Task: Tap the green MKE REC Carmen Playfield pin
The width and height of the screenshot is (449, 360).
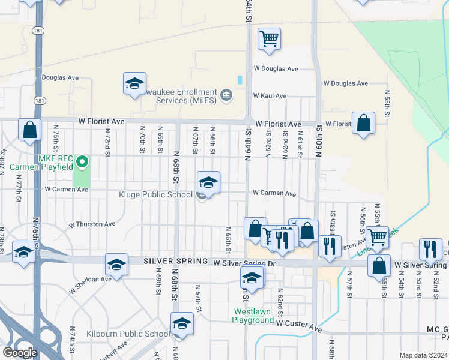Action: coord(82,162)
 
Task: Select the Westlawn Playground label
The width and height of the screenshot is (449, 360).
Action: coord(253,316)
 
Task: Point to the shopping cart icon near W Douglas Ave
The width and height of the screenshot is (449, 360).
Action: coord(270,39)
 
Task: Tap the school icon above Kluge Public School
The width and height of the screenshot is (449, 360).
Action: coord(208,182)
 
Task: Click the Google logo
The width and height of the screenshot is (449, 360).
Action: coord(20,353)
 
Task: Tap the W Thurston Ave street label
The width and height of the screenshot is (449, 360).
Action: coord(92,224)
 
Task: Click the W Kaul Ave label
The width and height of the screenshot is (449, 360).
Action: coord(270,96)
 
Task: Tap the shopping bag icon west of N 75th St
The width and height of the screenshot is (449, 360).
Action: coord(29,129)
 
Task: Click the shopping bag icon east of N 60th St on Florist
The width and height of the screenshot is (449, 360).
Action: coord(363,123)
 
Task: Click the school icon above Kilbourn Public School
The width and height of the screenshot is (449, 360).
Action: coord(182,323)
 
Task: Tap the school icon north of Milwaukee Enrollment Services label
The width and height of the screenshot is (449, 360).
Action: coord(134,83)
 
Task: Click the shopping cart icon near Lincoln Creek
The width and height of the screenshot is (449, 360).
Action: coord(378,237)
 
